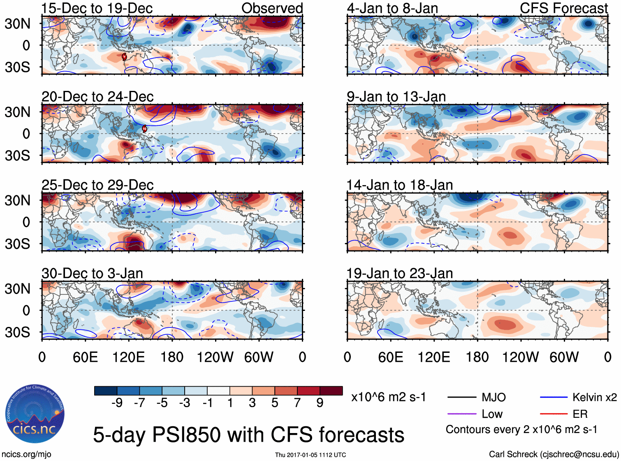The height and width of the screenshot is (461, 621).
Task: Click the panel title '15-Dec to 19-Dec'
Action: click(97, 8)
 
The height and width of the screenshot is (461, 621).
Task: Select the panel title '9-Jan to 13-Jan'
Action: click(396, 97)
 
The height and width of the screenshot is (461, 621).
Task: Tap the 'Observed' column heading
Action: click(272, 8)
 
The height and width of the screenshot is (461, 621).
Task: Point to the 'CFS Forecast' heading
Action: click(563, 8)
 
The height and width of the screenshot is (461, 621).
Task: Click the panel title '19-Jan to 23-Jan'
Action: click(399, 273)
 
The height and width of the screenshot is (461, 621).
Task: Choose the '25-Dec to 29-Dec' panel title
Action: click(97, 185)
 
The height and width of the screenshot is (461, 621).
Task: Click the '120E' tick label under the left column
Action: click(128, 357)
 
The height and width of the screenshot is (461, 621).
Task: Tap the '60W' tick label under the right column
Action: click(564, 357)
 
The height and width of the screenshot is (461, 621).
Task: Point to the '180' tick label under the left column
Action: click(172, 357)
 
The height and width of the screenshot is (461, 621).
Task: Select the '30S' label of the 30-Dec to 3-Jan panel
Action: click(17, 332)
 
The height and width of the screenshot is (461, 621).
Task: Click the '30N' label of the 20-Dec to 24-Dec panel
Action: click(17, 112)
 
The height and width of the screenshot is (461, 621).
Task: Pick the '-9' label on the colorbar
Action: click(117, 403)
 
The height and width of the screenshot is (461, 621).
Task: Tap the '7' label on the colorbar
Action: click(297, 403)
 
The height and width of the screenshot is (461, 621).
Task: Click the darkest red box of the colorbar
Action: click(331, 391)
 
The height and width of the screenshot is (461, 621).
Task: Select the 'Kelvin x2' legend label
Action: click(594, 397)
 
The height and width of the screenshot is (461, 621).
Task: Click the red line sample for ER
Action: click(554, 414)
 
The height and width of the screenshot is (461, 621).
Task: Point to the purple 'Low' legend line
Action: click(461, 414)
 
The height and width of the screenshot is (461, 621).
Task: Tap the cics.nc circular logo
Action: click(35, 415)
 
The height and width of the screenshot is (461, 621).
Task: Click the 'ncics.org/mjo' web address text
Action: click(26, 454)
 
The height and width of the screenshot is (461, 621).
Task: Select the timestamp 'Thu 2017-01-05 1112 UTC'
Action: click(310, 455)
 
